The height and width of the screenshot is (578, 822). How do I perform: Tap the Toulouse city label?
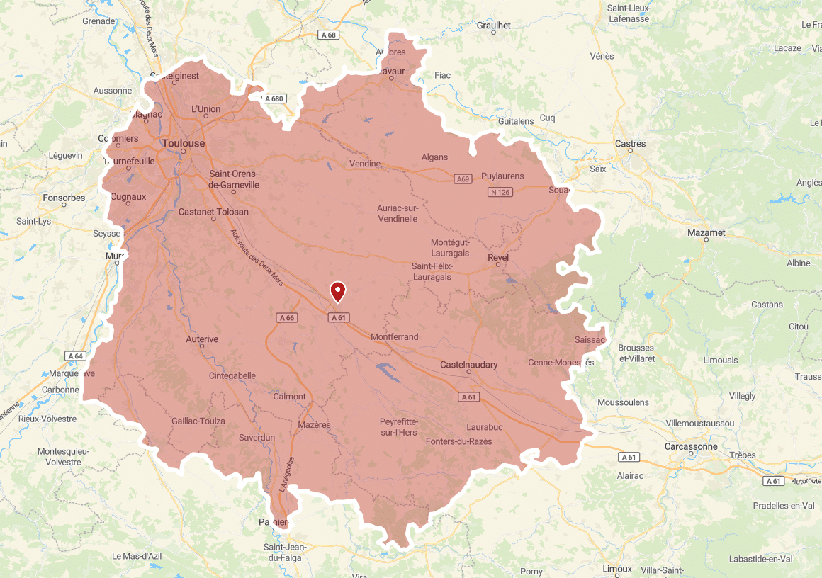[x=184, y=143]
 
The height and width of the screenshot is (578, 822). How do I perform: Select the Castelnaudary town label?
[x=468, y=365]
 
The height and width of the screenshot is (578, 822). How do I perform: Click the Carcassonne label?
[x=691, y=446]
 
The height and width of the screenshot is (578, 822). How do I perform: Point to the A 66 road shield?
[x=286, y=318]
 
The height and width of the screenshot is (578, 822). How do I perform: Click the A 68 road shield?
[x=328, y=35]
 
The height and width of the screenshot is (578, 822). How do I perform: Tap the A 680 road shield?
[x=274, y=99]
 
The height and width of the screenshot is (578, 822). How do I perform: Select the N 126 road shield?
[x=500, y=193]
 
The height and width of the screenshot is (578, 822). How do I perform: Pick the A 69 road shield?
[x=463, y=179]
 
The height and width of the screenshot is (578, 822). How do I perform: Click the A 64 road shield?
[x=75, y=356]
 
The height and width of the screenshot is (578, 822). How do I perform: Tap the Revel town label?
[x=498, y=257]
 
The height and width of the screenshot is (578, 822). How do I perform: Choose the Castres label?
[x=630, y=144]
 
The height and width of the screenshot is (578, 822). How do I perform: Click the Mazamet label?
[x=706, y=232]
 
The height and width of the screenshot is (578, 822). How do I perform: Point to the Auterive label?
[x=202, y=339]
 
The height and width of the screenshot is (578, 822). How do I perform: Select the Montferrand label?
[x=395, y=337]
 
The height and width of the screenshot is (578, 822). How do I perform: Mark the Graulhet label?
[x=494, y=25]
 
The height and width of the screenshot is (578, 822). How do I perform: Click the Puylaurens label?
[x=502, y=176]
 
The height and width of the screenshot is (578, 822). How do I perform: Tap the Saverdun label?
[x=257, y=438]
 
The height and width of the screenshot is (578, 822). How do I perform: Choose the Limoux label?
[x=616, y=569]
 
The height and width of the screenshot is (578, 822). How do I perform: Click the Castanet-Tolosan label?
[x=213, y=212]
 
